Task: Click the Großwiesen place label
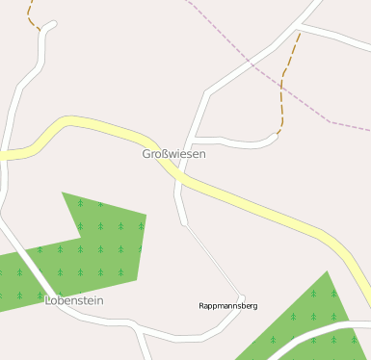(173, 154)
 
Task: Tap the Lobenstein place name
(73, 301)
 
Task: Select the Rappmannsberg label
(227, 306)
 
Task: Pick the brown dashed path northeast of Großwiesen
(282, 91)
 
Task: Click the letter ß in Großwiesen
(165, 154)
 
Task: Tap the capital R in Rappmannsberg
(201, 306)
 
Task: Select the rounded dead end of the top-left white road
(52, 24)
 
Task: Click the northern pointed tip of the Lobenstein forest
(64, 193)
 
